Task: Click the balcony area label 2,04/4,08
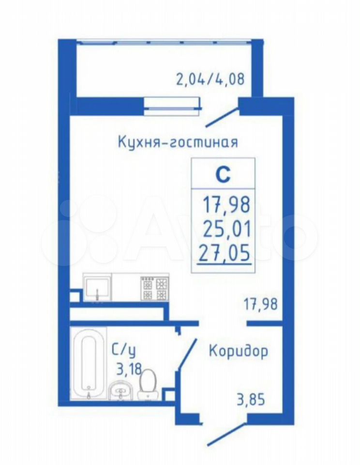(x=210, y=79)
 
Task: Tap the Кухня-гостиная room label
(x=178, y=142)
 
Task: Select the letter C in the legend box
(x=223, y=175)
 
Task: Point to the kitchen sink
(x=97, y=288)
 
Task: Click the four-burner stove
(x=154, y=288)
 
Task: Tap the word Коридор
(x=239, y=351)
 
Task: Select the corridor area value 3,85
(x=250, y=400)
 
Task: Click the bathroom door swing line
(x=187, y=354)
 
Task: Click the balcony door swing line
(x=223, y=117)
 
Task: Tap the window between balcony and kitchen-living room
(x=173, y=106)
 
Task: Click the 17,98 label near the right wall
(x=260, y=304)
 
